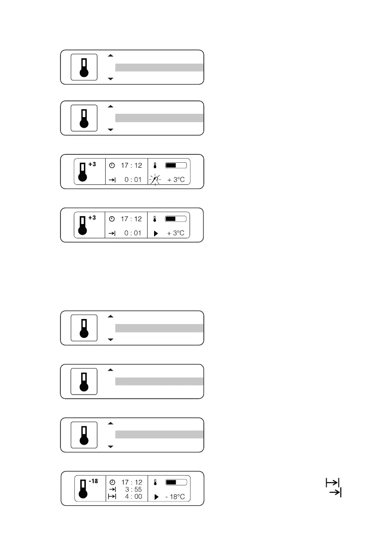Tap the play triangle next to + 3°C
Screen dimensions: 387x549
pos(155,233)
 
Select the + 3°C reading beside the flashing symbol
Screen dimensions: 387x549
pos(176,180)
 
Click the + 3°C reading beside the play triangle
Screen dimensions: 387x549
pos(176,233)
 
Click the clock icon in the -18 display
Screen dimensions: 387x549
pos(112,482)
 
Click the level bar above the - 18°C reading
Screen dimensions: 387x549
pos(176,482)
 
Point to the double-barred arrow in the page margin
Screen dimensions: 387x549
pos(332,483)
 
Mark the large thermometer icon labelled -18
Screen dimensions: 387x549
pos(83,489)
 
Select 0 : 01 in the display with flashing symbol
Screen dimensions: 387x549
pos(133,180)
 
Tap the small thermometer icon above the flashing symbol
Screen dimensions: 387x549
pos(155,165)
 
